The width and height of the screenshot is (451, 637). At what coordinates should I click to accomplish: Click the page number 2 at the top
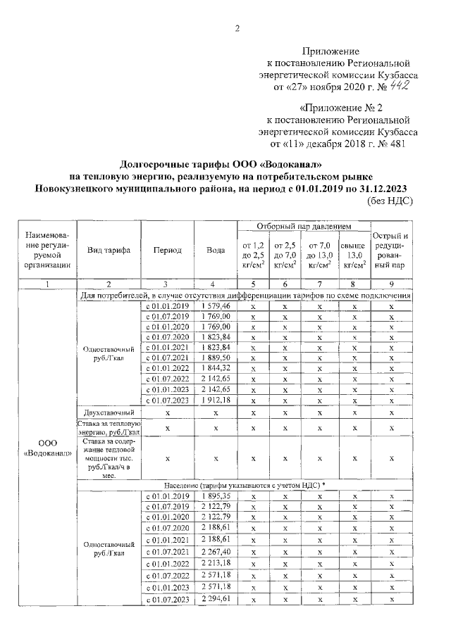237,29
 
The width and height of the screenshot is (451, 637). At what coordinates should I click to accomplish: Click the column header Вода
216,250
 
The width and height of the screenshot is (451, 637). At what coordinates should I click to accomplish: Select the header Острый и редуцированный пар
391,251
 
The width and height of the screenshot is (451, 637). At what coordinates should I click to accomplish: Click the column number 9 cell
391,284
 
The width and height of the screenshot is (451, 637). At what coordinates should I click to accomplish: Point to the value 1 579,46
216,306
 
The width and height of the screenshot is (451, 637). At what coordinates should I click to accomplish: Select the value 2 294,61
216,598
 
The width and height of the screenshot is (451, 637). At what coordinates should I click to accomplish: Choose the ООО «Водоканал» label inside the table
47,448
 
